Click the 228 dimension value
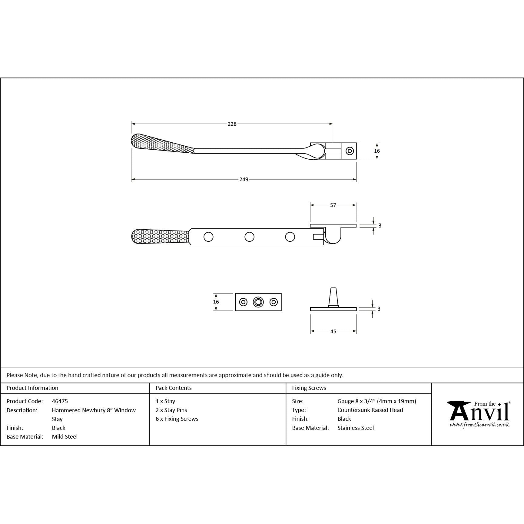(x=232, y=124)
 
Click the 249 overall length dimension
(x=244, y=179)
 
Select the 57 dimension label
(x=333, y=205)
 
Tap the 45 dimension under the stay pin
(x=333, y=331)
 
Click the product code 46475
(x=60, y=401)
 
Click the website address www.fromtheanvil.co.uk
(x=479, y=425)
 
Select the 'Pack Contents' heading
(x=174, y=388)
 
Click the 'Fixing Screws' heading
(x=309, y=388)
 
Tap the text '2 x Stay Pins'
(x=171, y=410)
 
